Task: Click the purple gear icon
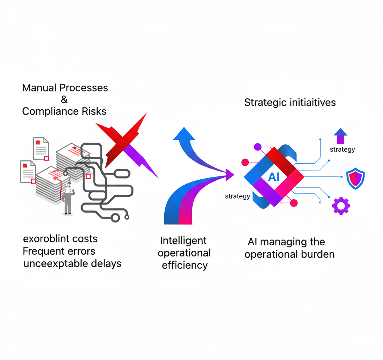[x=341, y=206]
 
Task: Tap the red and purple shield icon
[x=355, y=178]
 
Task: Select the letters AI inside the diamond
[x=274, y=177]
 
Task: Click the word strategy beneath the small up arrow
[x=342, y=149]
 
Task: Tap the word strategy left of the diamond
[x=238, y=196]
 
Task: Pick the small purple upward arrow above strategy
[x=340, y=136]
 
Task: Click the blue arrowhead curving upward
[x=184, y=135]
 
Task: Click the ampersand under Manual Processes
[x=64, y=99]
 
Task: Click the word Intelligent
[x=184, y=241]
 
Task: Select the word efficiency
[x=185, y=265]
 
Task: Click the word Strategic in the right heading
[x=266, y=102]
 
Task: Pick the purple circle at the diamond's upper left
[x=258, y=147]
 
